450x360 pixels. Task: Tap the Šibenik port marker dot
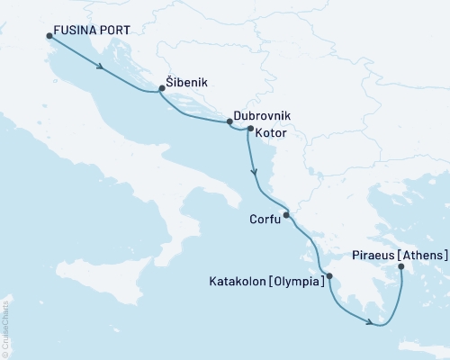[162, 88]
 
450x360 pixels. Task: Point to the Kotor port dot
[250, 129]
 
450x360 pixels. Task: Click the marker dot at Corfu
[286, 215]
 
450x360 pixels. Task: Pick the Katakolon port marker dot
[329, 276]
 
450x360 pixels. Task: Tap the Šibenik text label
[188, 82]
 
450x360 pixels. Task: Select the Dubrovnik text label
[262, 117]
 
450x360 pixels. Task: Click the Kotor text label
[272, 132]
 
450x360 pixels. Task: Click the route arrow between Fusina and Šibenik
[99, 66]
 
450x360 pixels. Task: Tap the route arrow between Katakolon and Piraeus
[370, 321]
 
